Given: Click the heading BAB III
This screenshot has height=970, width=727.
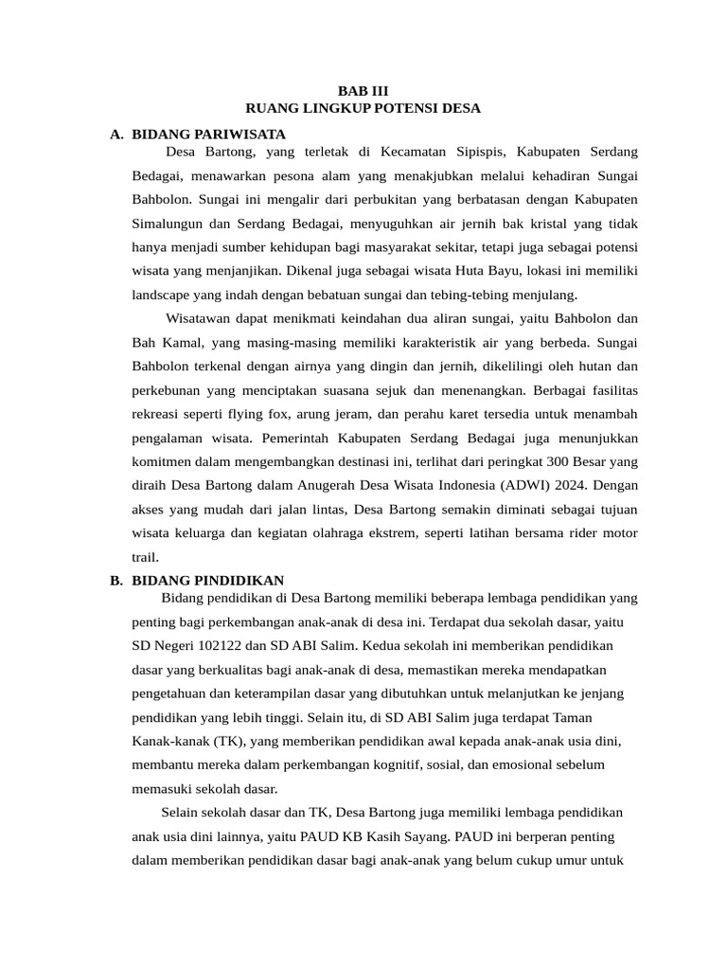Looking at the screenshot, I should tap(363, 91).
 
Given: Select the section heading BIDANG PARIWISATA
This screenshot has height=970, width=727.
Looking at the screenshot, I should tap(208, 135).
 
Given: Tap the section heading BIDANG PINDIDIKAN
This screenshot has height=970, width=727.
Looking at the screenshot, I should tap(207, 581).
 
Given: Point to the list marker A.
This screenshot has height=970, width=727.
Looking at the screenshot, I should tap(116, 135).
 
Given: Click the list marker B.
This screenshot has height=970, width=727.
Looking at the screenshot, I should tap(116, 581).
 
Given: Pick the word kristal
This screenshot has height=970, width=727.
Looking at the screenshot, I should tap(560, 225).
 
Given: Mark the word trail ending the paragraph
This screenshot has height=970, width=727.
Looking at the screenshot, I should tap(145, 557).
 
